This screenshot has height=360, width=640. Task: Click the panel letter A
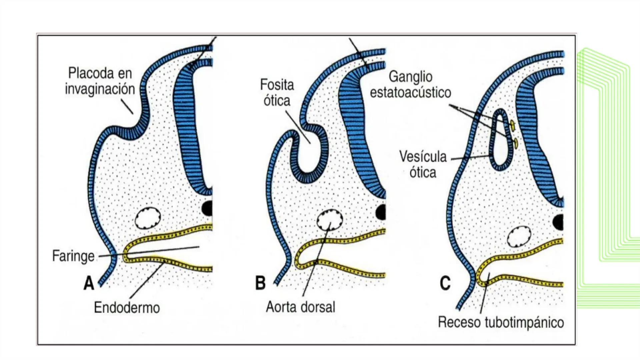point(89,283)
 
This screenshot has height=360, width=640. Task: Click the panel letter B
point(260,283)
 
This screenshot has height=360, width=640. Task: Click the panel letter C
point(445,283)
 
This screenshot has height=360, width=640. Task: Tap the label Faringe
point(73,256)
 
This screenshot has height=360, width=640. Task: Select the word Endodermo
point(127,307)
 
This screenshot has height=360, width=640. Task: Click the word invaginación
point(100,89)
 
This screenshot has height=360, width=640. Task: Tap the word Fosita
point(277,85)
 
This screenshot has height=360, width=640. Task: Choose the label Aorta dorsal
point(300,307)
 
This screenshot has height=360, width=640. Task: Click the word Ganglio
point(410,77)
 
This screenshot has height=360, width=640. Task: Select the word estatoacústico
point(410,93)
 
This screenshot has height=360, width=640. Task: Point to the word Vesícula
point(423,157)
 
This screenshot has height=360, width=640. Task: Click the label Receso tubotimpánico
point(501,322)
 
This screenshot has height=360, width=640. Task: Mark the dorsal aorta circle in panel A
point(148,218)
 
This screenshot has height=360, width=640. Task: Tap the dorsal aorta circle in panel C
point(519,237)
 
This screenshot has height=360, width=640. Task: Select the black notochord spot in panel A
point(207,208)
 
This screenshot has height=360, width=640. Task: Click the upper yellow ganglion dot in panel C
point(512,125)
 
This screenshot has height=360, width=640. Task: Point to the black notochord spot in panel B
point(381,212)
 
